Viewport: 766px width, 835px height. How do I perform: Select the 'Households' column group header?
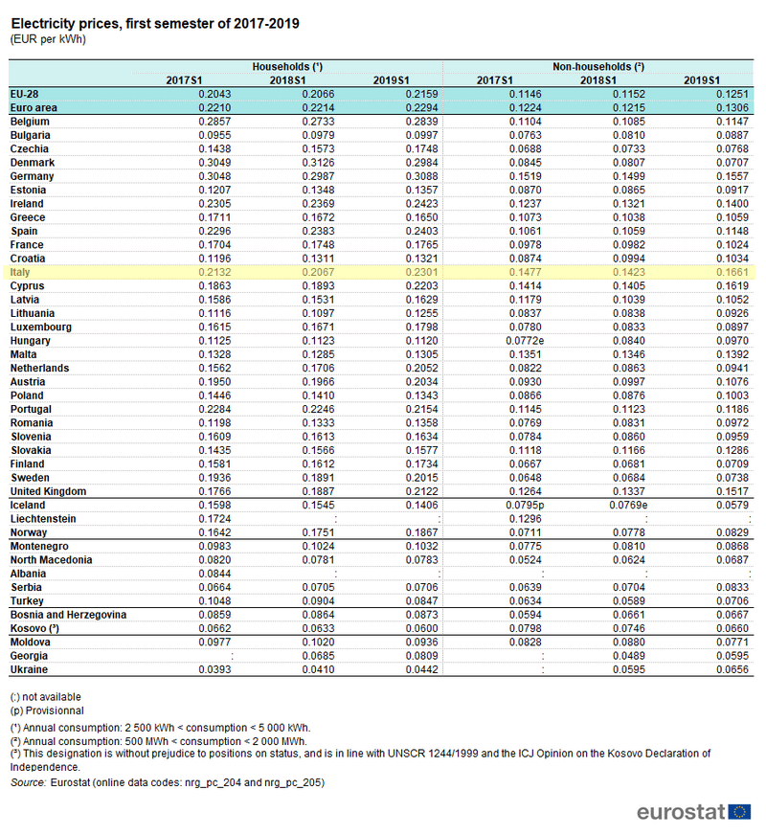(286, 67)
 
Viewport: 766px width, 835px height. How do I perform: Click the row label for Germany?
(32, 176)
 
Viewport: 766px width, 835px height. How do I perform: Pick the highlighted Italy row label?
(20, 273)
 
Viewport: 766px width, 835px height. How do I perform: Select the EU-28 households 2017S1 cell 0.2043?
(213, 95)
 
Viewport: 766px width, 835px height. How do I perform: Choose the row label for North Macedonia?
(52, 560)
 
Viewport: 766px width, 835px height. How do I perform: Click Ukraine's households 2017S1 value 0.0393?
(213, 669)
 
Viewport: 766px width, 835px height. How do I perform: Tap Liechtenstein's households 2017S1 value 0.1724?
(213, 519)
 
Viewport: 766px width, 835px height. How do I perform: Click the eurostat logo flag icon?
(739, 812)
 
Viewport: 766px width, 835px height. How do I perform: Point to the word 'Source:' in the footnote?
(28, 782)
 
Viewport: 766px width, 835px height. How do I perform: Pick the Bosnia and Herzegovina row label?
(68, 615)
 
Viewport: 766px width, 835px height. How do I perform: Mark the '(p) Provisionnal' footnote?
(48, 711)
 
